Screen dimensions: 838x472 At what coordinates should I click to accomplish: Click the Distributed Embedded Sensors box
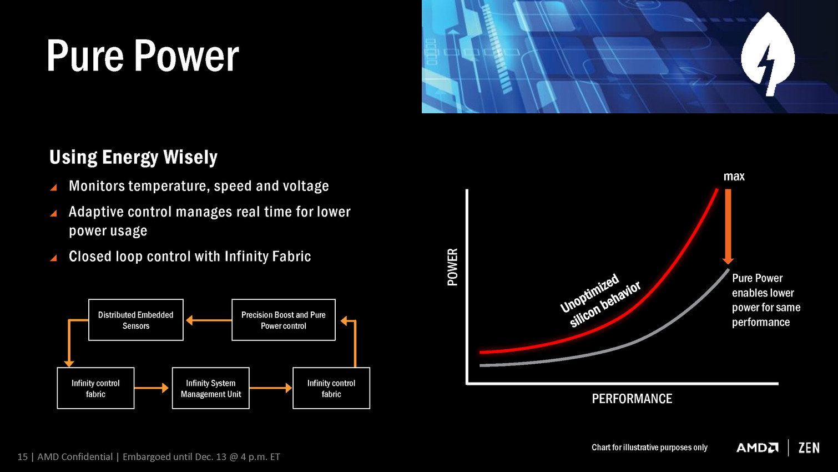click(136, 320)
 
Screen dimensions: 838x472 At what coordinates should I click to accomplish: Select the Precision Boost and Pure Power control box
click(284, 320)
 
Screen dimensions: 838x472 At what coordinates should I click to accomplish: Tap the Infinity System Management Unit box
click(211, 388)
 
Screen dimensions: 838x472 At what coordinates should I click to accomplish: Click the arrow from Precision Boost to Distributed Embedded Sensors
click(209, 320)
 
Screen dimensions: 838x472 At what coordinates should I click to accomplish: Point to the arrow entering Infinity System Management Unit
click(152, 388)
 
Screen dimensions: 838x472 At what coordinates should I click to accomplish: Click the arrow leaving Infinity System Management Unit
click(271, 388)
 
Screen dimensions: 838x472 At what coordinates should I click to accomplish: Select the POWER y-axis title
click(453, 267)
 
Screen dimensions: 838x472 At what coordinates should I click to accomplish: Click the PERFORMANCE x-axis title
click(632, 399)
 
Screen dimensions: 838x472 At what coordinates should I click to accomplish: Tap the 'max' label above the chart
click(734, 176)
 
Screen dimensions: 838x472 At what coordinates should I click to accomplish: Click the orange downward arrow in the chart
click(728, 227)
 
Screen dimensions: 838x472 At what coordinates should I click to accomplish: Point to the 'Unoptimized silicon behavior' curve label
click(600, 300)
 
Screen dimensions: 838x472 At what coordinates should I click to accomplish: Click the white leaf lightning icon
click(768, 54)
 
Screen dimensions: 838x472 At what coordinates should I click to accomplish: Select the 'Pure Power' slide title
click(143, 56)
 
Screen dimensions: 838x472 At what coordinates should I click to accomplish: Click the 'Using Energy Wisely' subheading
click(133, 157)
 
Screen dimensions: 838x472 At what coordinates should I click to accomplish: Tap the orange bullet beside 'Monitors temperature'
click(53, 187)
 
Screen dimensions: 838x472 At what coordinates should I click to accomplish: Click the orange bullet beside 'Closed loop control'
click(53, 258)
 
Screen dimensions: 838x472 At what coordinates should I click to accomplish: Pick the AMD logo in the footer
click(758, 448)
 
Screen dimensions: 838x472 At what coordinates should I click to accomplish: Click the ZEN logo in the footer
click(809, 448)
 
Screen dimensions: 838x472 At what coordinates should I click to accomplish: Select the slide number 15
click(22, 456)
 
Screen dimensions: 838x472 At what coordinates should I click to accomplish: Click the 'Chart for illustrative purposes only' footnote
click(649, 448)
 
